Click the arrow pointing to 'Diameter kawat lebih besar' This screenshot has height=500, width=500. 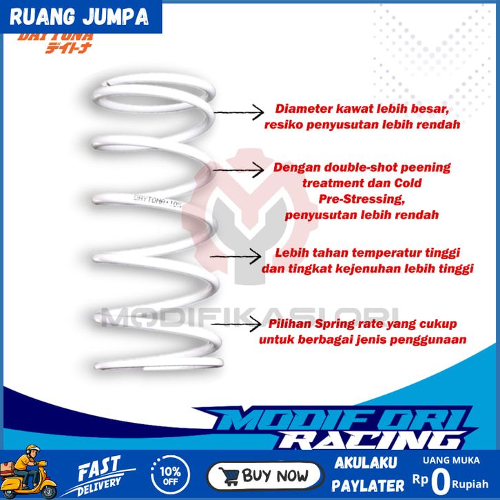pyautogui.click(x=238, y=111)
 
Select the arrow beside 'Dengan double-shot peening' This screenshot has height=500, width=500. pyautogui.click(x=238, y=167)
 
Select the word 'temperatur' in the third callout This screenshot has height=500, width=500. pyautogui.click(x=378, y=253)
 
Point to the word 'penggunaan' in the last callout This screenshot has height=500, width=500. pyautogui.click(x=429, y=340)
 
